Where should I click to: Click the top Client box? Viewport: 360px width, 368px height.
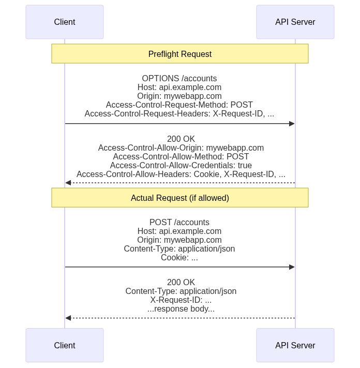(x=65, y=22)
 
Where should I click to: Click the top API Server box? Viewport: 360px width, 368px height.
(x=295, y=22)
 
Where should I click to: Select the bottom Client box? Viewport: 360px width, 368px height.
(x=65, y=345)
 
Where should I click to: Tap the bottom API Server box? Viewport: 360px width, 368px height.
(x=295, y=345)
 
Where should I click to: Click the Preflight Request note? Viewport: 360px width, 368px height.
(x=179, y=54)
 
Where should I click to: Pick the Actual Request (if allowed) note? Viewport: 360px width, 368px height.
(x=179, y=198)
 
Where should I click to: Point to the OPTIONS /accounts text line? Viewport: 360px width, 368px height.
(x=179, y=79)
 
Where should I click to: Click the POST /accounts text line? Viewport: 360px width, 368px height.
(x=179, y=223)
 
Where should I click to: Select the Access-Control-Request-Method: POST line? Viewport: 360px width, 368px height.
(x=179, y=105)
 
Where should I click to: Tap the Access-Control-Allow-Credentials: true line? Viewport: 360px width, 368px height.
(x=181, y=166)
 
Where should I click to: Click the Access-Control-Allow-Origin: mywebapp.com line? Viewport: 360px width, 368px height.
(x=181, y=148)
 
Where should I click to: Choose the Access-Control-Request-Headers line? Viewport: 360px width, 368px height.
(x=179, y=113)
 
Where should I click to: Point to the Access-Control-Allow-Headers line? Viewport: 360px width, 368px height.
(x=181, y=174)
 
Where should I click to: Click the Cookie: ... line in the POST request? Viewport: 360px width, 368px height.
(x=179, y=257)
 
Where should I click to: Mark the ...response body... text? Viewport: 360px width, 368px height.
(x=181, y=309)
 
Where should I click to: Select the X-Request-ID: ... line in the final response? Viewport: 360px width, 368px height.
(x=181, y=300)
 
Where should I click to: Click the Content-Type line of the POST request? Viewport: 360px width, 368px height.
(x=179, y=248)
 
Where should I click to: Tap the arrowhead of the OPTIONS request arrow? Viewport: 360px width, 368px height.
(x=292, y=124)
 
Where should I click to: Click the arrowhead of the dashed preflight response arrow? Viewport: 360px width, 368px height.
(x=68, y=183)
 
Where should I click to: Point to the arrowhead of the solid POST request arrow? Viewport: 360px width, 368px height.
(x=292, y=267)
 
